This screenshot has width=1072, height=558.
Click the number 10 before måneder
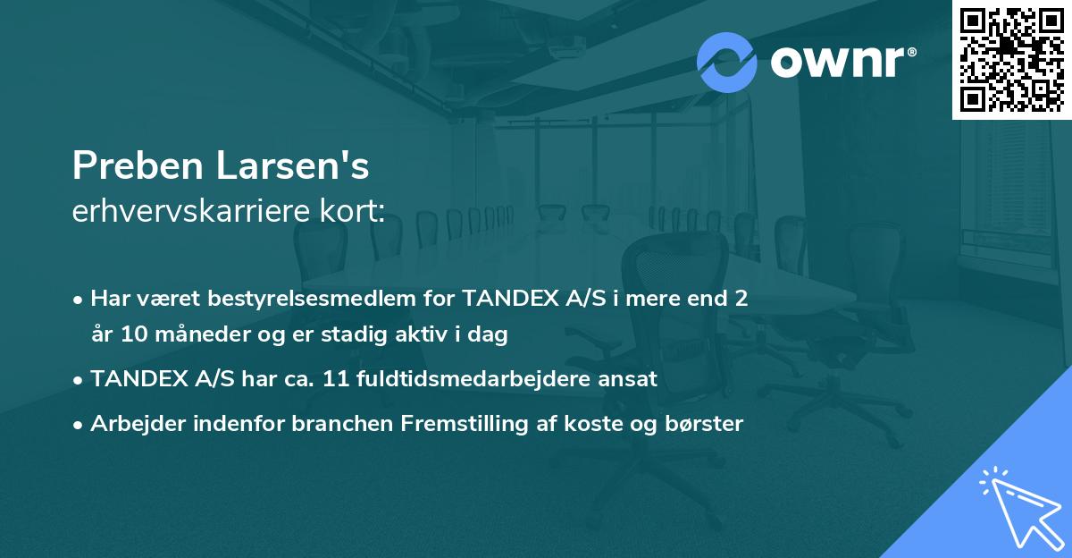(x=136, y=335)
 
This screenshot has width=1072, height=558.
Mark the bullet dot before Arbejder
(x=79, y=425)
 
